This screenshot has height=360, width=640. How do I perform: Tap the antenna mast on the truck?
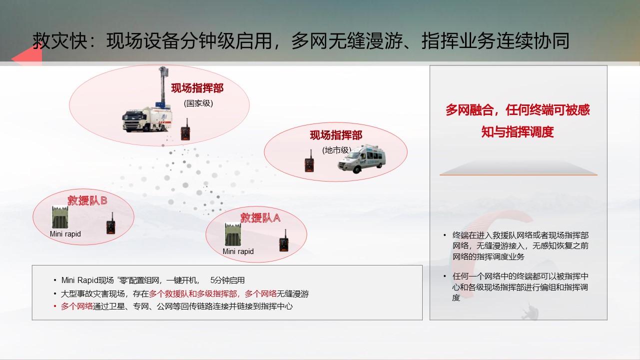tap(163, 86)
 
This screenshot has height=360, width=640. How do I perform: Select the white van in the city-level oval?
tap(362, 159)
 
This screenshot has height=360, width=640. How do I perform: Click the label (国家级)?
tap(198, 103)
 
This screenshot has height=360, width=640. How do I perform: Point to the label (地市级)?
tap(337, 150)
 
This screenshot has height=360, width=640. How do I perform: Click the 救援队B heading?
tap(87, 200)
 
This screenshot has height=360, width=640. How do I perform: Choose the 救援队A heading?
tap(260, 218)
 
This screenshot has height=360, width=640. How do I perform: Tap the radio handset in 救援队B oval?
tap(111, 224)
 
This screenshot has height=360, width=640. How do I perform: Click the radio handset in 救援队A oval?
tap(284, 241)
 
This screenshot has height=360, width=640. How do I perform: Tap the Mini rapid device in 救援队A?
tap(233, 234)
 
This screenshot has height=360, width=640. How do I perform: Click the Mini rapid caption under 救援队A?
tap(238, 251)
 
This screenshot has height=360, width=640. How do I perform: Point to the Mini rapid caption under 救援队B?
tap(65, 234)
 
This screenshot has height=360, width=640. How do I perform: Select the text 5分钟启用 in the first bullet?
tap(227, 280)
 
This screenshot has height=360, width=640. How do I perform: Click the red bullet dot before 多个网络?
tap(55, 306)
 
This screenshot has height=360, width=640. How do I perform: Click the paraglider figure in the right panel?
tap(530, 311)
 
